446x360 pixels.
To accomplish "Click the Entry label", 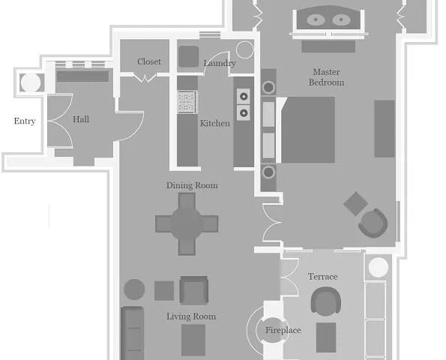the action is click(x=25, y=121).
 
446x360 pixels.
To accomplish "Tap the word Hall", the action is click(x=81, y=119).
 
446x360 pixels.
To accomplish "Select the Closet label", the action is click(x=149, y=61).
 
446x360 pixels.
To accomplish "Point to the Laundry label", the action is click(x=220, y=63).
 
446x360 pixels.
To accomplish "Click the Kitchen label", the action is click(x=214, y=123).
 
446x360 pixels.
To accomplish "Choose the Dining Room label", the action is click(x=192, y=185).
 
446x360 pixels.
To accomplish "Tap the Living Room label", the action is click(x=191, y=316).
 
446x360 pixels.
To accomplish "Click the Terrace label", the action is click(x=323, y=277).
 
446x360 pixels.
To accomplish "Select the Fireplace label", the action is click(x=283, y=331).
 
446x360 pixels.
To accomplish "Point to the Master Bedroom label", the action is click(x=326, y=77).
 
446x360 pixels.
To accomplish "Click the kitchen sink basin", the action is click(x=187, y=101).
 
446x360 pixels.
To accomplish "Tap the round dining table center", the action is click(x=187, y=224).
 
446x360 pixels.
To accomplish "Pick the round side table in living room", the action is click(x=134, y=289).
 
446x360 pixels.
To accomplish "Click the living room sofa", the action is click(x=132, y=333).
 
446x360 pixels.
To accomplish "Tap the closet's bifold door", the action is click(x=145, y=77).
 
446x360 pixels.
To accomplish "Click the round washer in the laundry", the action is click(x=244, y=49).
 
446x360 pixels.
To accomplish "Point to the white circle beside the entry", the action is click(x=31, y=82).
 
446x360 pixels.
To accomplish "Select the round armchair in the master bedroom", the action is click(x=373, y=223).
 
